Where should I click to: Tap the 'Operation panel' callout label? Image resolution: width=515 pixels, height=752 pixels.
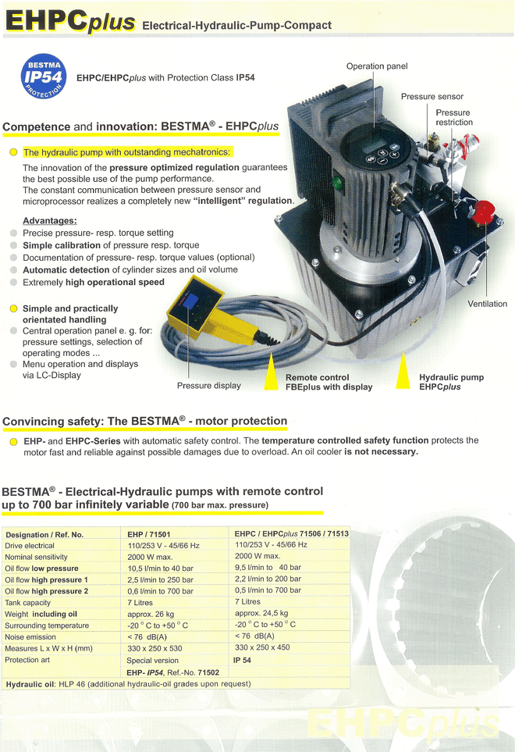coord(377,66)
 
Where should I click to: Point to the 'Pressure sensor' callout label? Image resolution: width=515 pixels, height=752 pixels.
coord(432,97)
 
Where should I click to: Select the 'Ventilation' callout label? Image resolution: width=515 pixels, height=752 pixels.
coord(487,304)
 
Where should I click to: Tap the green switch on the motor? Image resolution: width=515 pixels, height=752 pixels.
coord(337,185)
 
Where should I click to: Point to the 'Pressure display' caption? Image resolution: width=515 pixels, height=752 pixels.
coord(208,385)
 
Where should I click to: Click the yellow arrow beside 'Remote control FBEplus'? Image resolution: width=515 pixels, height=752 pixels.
coord(271,372)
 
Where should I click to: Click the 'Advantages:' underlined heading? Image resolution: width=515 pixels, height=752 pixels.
coord(49,221)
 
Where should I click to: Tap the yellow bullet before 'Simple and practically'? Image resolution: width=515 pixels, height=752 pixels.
coord(13,309)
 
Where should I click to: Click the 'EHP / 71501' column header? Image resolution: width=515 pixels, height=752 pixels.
coord(150,534)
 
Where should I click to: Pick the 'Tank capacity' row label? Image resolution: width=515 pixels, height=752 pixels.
coord(28,602)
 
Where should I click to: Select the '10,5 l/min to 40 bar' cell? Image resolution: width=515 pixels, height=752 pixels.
coord(159,568)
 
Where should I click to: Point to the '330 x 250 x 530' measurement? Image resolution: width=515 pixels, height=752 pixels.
coord(154,648)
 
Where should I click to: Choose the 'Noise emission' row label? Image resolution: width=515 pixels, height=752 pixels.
coord(30,636)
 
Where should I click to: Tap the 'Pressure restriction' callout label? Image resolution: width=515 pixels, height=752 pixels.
coord(453,117)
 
